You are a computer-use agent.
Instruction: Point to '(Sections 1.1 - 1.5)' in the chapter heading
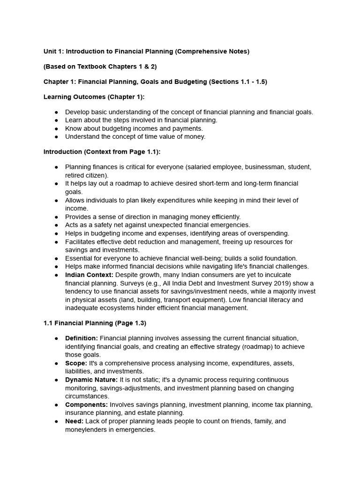[x=238, y=82]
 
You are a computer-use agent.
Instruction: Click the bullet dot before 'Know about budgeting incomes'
[x=56, y=128]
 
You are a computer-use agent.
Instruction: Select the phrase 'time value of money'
[x=175, y=137]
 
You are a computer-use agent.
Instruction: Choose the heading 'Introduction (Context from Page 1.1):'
[x=102, y=152]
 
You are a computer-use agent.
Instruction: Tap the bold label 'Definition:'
[x=82, y=338]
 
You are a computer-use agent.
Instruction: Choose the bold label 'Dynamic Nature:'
[x=91, y=380]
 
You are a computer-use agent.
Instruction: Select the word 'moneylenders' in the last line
[x=86, y=429]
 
